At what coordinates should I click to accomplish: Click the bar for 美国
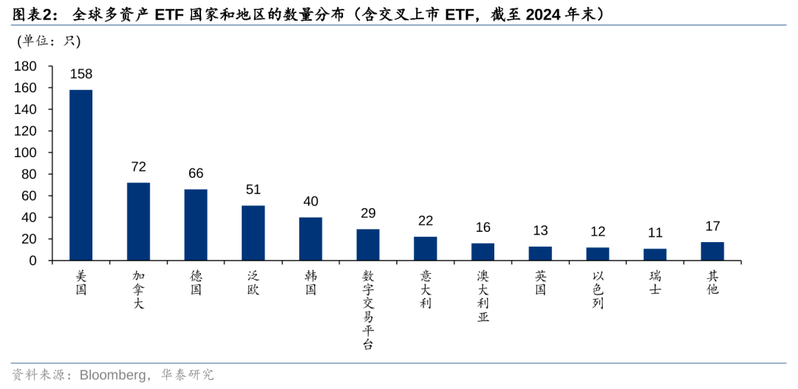81,175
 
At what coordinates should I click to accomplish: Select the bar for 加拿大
138,221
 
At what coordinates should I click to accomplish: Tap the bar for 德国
196,224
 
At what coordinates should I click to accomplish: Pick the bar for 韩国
310,238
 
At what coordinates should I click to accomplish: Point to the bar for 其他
712,251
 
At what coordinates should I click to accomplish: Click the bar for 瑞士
655,254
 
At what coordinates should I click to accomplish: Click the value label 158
81,74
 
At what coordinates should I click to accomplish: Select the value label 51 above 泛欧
253,190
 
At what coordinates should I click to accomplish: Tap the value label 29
368,213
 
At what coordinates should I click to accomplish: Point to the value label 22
426,221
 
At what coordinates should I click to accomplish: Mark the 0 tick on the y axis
33,261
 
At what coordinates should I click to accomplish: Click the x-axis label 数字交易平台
368,309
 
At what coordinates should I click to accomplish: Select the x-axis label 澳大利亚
482,296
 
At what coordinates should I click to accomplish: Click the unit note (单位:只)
48,41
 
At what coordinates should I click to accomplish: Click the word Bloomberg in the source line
108,375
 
